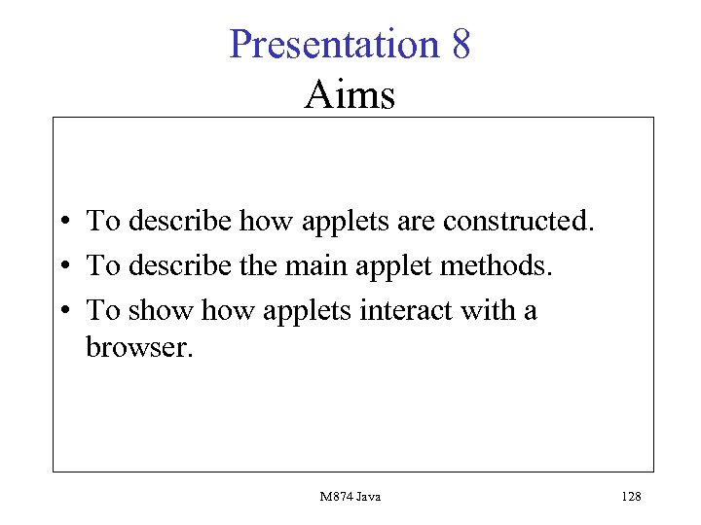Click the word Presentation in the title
334,45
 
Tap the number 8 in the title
461,45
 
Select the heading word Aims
350,95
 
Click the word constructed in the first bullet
517,221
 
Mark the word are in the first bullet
416,221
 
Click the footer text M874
335,497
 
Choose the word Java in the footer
367,497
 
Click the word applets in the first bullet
344,221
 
